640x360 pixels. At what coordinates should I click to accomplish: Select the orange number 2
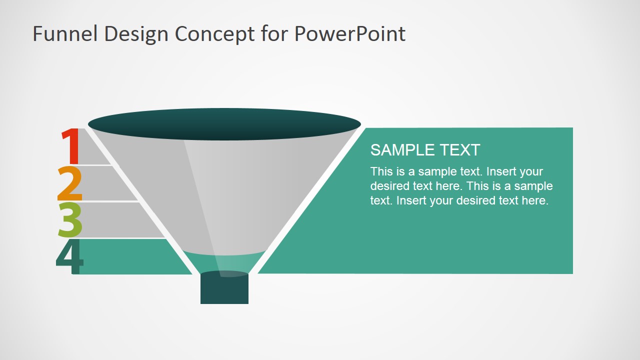[x=70, y=183]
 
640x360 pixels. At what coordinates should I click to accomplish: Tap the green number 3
[x=70, y=220]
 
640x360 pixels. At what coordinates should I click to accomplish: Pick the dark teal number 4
[x=69, y=257]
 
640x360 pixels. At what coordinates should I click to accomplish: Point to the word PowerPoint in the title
[x=349, y=33]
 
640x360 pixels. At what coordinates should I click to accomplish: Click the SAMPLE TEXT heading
[x=425, y=149]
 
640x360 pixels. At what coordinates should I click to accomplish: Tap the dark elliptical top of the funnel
[x=224, y=124]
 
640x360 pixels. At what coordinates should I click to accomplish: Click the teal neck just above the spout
[x=224, y=262]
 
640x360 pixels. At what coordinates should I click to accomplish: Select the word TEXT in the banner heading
[x=459, y=149]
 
